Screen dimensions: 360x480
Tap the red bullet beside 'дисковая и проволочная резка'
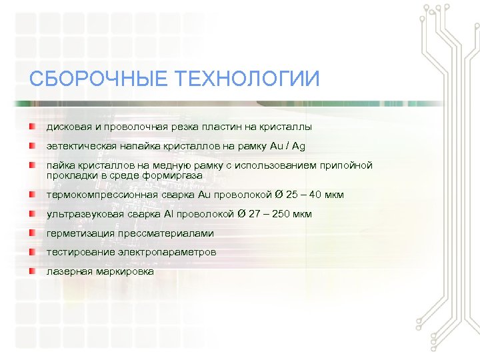[x=31, y=126]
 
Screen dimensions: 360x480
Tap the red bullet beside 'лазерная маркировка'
[x=31, y=271]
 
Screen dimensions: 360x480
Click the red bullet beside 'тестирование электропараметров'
[x=31, y=252]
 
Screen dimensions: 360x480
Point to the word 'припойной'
[x=346, y=165]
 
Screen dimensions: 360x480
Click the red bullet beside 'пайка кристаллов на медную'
[x=31, y=165]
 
